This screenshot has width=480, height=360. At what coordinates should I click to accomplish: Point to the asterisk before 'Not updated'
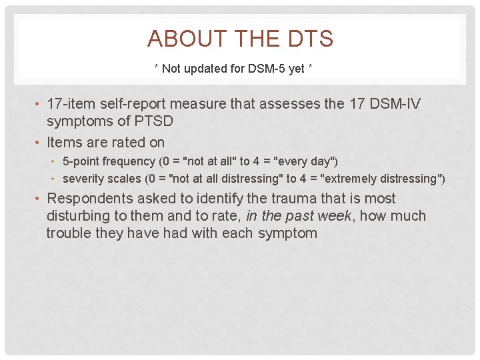[157, 68]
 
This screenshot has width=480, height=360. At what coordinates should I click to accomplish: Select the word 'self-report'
[135, 105]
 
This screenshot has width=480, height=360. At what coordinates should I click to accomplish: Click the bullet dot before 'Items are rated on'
[39, 143]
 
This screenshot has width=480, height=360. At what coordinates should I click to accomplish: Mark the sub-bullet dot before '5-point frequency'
[55, 162]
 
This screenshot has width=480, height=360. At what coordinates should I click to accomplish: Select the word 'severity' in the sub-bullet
[81, 179]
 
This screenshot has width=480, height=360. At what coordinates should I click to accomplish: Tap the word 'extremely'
[353, 179]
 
